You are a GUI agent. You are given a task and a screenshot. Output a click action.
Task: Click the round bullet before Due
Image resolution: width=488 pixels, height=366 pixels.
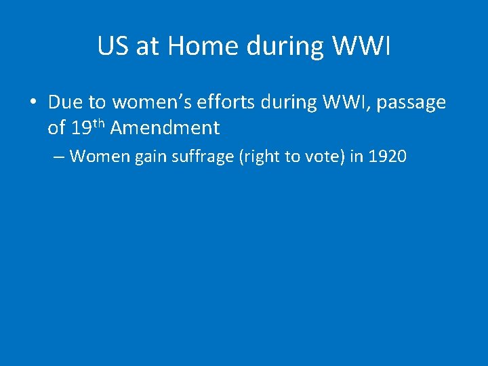tap(32, 102)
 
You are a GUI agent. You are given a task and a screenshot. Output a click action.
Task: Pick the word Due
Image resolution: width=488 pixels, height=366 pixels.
tap(66, 102)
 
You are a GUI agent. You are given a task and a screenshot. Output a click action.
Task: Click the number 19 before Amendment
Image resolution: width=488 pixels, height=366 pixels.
tap(79, 127)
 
